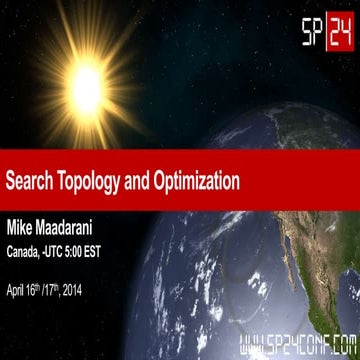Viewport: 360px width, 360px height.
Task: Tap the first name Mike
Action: click(x=23, y=218)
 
